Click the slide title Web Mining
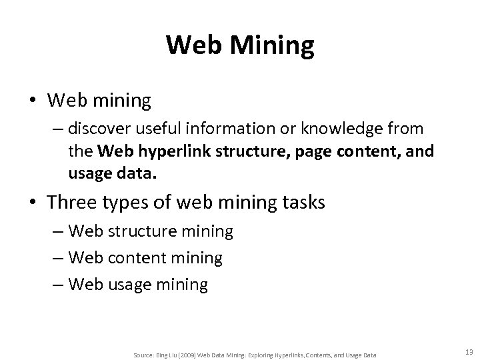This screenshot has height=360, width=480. click(x=240, y=45)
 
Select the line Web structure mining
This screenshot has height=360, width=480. click(x=150, y=231)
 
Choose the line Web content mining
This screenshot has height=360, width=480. click(x=145, y=258)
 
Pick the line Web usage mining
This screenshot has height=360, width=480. click(x=138, y=285)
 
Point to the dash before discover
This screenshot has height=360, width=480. click(x=57, y=127)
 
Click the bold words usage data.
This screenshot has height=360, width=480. click(x=113, y=175)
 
